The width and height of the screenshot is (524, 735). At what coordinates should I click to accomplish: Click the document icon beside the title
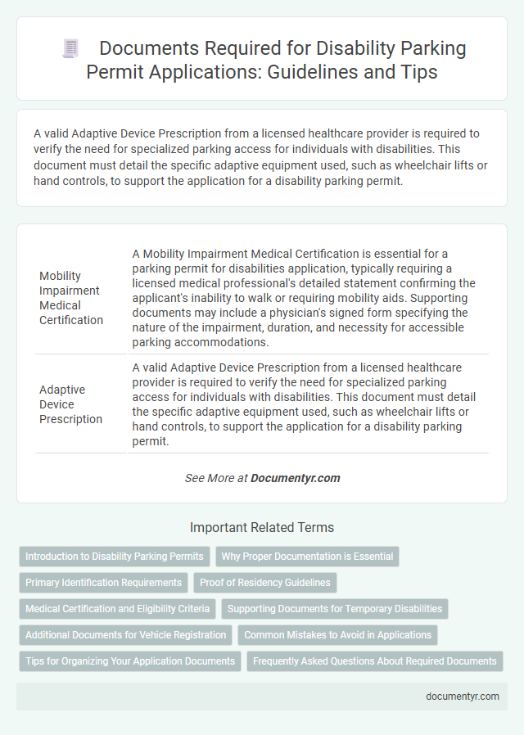coord(70,49)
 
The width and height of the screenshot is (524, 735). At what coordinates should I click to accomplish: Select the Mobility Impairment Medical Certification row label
coord(71,298)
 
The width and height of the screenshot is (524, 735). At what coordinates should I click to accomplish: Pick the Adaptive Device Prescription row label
coord(71,404)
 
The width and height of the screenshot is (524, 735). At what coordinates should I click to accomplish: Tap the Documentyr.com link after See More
coord(295,478)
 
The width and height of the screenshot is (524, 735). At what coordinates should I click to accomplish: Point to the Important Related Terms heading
coord(262,527)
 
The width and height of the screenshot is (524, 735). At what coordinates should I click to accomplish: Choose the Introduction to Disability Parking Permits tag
coord(115,557)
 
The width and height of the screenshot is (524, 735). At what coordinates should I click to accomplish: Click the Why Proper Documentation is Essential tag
coord(307,557)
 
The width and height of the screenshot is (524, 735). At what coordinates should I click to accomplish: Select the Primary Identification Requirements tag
coord(104,583)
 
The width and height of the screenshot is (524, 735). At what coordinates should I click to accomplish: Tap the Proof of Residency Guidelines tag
coord(265,583)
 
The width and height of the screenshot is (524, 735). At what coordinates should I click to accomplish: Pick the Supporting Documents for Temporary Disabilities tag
coord(334,609)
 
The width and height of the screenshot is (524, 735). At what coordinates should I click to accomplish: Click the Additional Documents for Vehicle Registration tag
coord(125,634)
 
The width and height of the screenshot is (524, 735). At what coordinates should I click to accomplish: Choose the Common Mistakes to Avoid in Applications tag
coord(337,634)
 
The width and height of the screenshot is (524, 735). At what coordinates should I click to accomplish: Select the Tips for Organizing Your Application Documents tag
coord(130,661)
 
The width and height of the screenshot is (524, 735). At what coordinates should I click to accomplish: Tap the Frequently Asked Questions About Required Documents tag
coord(375,661)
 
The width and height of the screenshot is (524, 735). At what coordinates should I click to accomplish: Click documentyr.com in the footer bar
coord(463,696)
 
